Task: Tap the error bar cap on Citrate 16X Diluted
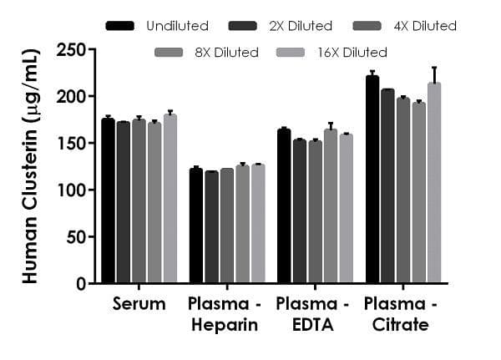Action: (x=434, y=68)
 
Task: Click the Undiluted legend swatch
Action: (x=121, y=26)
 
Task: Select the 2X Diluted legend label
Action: (x=306, y=26)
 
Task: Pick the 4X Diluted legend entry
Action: (x=408, y=26)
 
